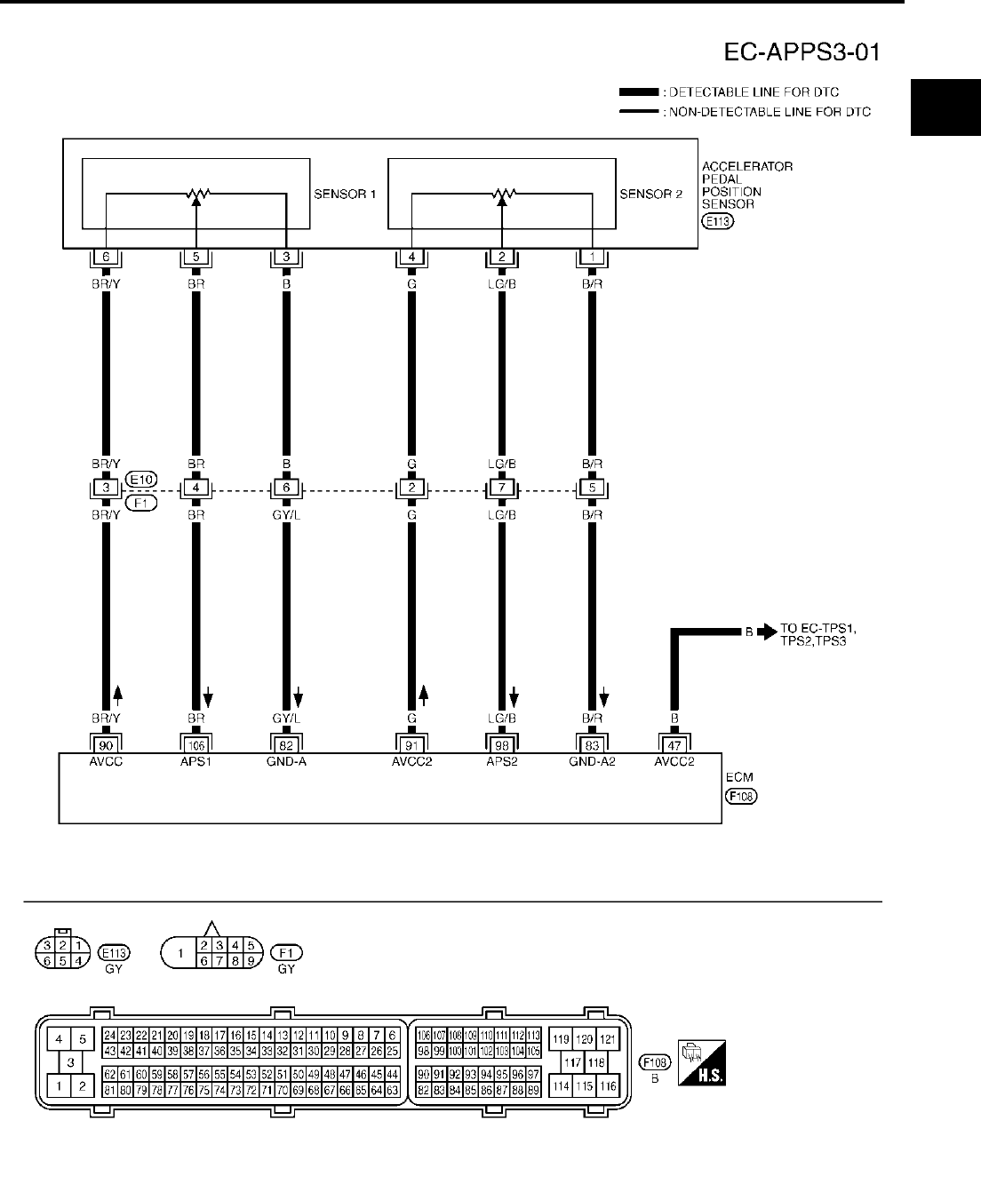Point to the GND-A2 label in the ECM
coord(592,761)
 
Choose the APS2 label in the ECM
coord(502,761)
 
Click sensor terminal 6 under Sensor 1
coord(106,258)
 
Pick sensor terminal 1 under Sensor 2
coord(592,258)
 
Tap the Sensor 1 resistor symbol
coord(195,192)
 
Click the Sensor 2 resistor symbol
coord(502,192)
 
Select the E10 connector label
coord(141,479)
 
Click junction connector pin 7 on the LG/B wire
coord(502,488)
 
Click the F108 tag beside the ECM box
coord(741,797)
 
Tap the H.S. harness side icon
coord(702,1061)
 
